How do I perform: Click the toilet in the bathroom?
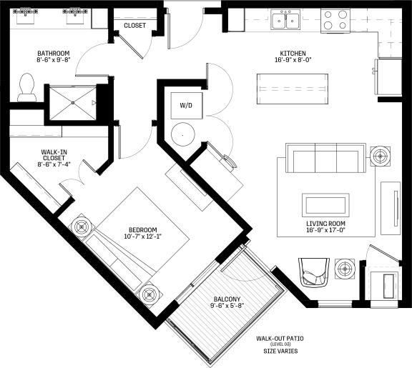tap(26, 88)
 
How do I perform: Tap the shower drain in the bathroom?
tap(73, 103)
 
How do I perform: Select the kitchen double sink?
tap(285, 20)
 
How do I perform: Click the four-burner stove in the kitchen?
tap(335, 21)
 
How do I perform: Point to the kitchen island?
tap(293, 89)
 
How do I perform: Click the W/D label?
tap(186, 106)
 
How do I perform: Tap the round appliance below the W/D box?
tap(183, 134)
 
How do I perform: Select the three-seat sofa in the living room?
tap(326, 158)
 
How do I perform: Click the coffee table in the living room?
tap(325, 205)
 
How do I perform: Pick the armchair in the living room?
tap(314, 272)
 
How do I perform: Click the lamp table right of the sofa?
tap(381, 156)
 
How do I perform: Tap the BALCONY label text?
tap(227, 299)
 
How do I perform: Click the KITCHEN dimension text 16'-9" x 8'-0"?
tap(293, 60)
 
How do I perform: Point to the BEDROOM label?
tap(142, 229)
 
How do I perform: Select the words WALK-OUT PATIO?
tap(280, 339)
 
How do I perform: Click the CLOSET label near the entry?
tap(134, 26)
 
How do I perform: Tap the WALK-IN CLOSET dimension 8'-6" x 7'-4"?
tap(54, 164)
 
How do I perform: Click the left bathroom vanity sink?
tap(26, 16)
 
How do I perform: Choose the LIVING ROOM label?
tap(326, 224)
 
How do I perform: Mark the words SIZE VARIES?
tap(280, 351)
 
